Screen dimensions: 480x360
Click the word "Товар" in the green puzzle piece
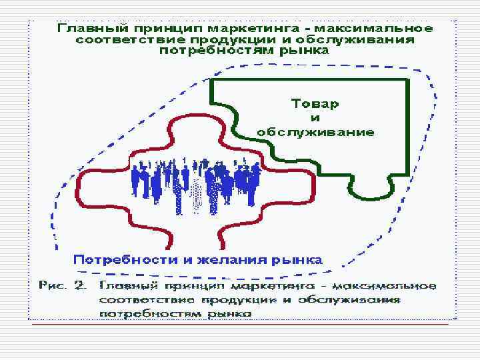pyautogui.click(x=315, y=104)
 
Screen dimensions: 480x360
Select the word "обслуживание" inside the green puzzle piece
pyautogui.click(x=315, y=132)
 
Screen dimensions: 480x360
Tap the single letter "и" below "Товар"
pyautogui.click(x=315, y=118)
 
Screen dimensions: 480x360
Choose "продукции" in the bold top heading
pyautogui.click(x=213, y=39)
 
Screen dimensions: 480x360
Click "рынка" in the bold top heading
pyautogui.click(x=303, y=50)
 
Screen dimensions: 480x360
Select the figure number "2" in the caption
pyautogui.click(x=83, y=286)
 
